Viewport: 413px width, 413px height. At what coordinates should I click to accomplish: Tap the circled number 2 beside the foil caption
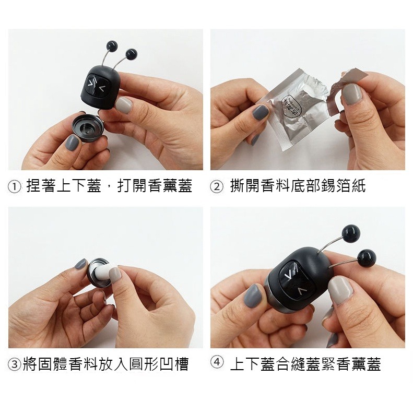[x=217, y=186]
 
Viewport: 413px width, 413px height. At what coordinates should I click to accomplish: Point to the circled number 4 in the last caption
[x=217, y=363]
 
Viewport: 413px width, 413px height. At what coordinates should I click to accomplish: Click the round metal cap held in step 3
[x=99, y=272]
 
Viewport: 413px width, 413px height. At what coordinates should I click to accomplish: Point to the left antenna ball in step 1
[x=111, y=45]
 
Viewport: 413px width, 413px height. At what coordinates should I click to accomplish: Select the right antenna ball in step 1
[x=132, y=53]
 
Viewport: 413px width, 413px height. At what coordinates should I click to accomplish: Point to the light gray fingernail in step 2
[x=352, y=95]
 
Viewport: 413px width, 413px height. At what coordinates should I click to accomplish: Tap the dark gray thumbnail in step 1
[x=72, y=143]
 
